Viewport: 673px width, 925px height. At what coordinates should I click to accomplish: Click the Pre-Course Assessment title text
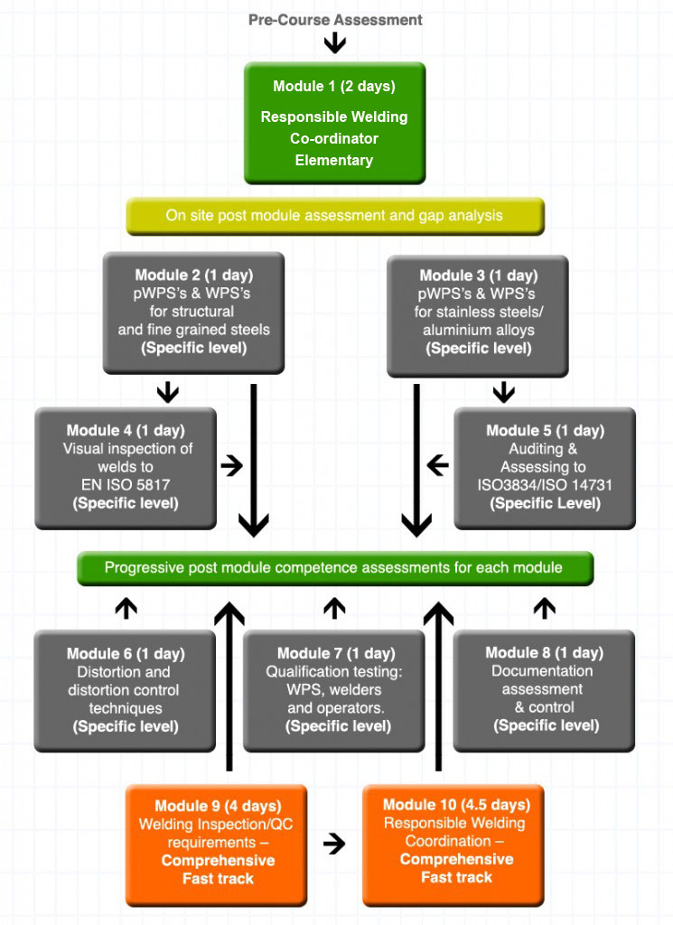pyautogui.click(x=335, y=20)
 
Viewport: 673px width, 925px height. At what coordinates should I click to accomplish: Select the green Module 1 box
pyautogui.click(x=334, y=123)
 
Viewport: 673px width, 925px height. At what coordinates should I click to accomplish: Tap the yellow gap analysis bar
pyautogui.click(x=335, y=216)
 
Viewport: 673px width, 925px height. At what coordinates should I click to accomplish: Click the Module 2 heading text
pyautogui.click(x=194, y=275)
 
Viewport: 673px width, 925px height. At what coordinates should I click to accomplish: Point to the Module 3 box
pyautogui.click(x=477, y=315)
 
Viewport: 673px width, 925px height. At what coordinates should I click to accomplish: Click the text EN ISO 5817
pyautogui.click(x=126, y=485)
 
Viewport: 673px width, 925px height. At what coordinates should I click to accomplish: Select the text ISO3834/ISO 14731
pyautogui.click(x=545, y=485)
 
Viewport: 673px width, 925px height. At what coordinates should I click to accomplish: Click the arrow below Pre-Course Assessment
pyautogui.click(x=335, y=43)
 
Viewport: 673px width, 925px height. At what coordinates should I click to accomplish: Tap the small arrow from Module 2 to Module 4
pyautogui.click(x=168, y=392)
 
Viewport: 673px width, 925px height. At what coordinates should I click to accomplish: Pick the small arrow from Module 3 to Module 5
pyautogui.click(x=504, y=392)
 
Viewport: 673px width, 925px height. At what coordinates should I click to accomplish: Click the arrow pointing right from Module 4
pyautogui.click(x=232, y=466)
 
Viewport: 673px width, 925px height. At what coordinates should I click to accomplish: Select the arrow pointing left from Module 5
pyautogui.click(x=437, y=465)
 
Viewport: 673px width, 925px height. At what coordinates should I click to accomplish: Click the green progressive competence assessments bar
pyautogui.click(x=335, y=568)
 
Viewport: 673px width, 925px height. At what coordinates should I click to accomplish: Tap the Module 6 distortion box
pyautogui.click(x=125, y=691)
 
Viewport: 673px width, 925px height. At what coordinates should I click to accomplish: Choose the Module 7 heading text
pyautogui.click(x=336, y=653)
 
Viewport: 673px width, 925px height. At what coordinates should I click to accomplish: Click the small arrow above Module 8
pyautogui.click(x=545, y=608)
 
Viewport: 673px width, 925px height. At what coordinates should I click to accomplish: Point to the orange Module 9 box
pyautogui.click(x=217, y=845)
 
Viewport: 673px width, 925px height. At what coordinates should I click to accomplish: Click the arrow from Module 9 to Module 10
pyautogui.click(x=334, y=844)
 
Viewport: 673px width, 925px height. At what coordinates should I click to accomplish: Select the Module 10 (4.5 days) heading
pyautogui.click(x=456, y=805)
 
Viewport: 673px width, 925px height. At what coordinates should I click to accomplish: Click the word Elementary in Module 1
pyautogui.click(x=334, y=161)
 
